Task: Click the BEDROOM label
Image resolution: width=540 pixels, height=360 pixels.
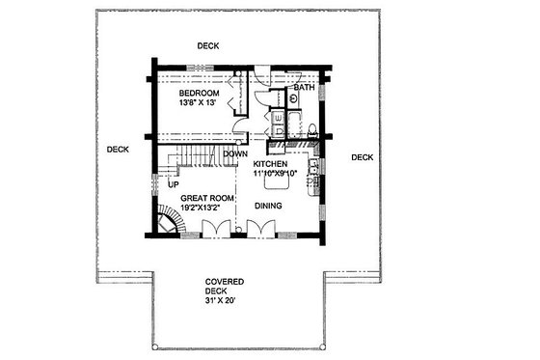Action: click(199, 93)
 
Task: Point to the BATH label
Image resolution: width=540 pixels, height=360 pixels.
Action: click(305, 88)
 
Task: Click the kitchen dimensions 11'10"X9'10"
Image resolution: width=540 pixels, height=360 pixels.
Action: click(278, 174)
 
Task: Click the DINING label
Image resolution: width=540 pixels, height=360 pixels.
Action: click(268, 206)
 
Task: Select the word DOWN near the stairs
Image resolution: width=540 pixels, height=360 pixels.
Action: click(234, 153)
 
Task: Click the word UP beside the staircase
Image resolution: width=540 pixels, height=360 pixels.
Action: click(174, 183)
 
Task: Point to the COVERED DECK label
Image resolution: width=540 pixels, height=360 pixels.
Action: click(224, 287)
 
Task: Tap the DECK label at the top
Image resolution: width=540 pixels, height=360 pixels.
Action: click(208, 45)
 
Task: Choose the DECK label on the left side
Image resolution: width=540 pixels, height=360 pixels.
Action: click(118, 149)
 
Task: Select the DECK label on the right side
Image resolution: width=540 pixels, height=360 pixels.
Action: click(362, 157)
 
